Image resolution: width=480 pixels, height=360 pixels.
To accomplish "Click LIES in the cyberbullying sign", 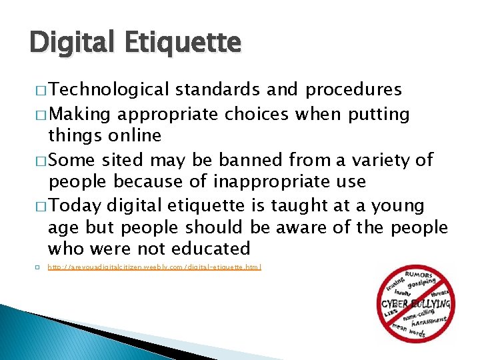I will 390,312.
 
